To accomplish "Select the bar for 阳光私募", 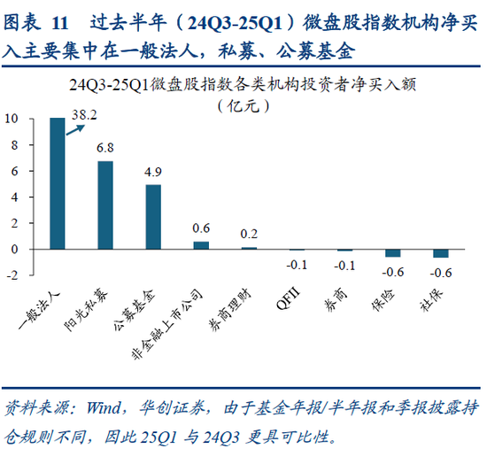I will [x=104, y=205].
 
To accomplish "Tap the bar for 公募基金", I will [x=153, y=217].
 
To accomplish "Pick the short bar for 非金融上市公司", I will [x=201, y=245].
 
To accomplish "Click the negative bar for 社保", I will [x=440, y=253].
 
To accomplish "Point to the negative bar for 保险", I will [x=392, y=253].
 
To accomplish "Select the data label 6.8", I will [x=104, y=148].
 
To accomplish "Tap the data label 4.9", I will [x=153, y=172].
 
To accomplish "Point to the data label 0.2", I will [x=249, y=234].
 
